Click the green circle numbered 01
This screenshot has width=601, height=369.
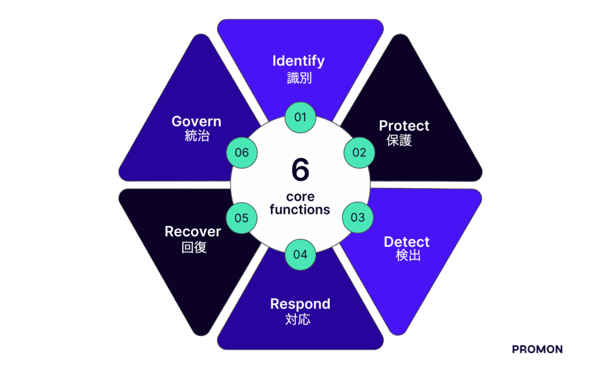(300, 117)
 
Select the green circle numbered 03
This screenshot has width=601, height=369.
(357, 217)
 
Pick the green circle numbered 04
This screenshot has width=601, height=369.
(300, 254)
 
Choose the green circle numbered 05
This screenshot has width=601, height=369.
(242, 218)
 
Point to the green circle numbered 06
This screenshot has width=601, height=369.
(242, 153)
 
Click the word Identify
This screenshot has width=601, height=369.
(299, 61)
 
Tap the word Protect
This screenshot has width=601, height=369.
(404, 126)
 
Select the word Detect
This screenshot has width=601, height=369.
(407, 242)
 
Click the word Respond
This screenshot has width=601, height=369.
(300, 304)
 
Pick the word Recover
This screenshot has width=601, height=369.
(193, 232)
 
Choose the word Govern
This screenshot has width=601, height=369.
(197, 122)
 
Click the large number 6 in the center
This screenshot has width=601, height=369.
(300, 170)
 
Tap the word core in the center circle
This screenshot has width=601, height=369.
(300, 196)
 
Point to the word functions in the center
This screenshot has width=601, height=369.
(300, 209)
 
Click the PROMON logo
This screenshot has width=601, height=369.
(537, 350)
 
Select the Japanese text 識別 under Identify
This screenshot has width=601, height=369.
(299, 78)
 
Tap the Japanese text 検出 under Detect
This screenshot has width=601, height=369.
(408, 256)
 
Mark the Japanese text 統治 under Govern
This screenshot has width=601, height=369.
(197, 136)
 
